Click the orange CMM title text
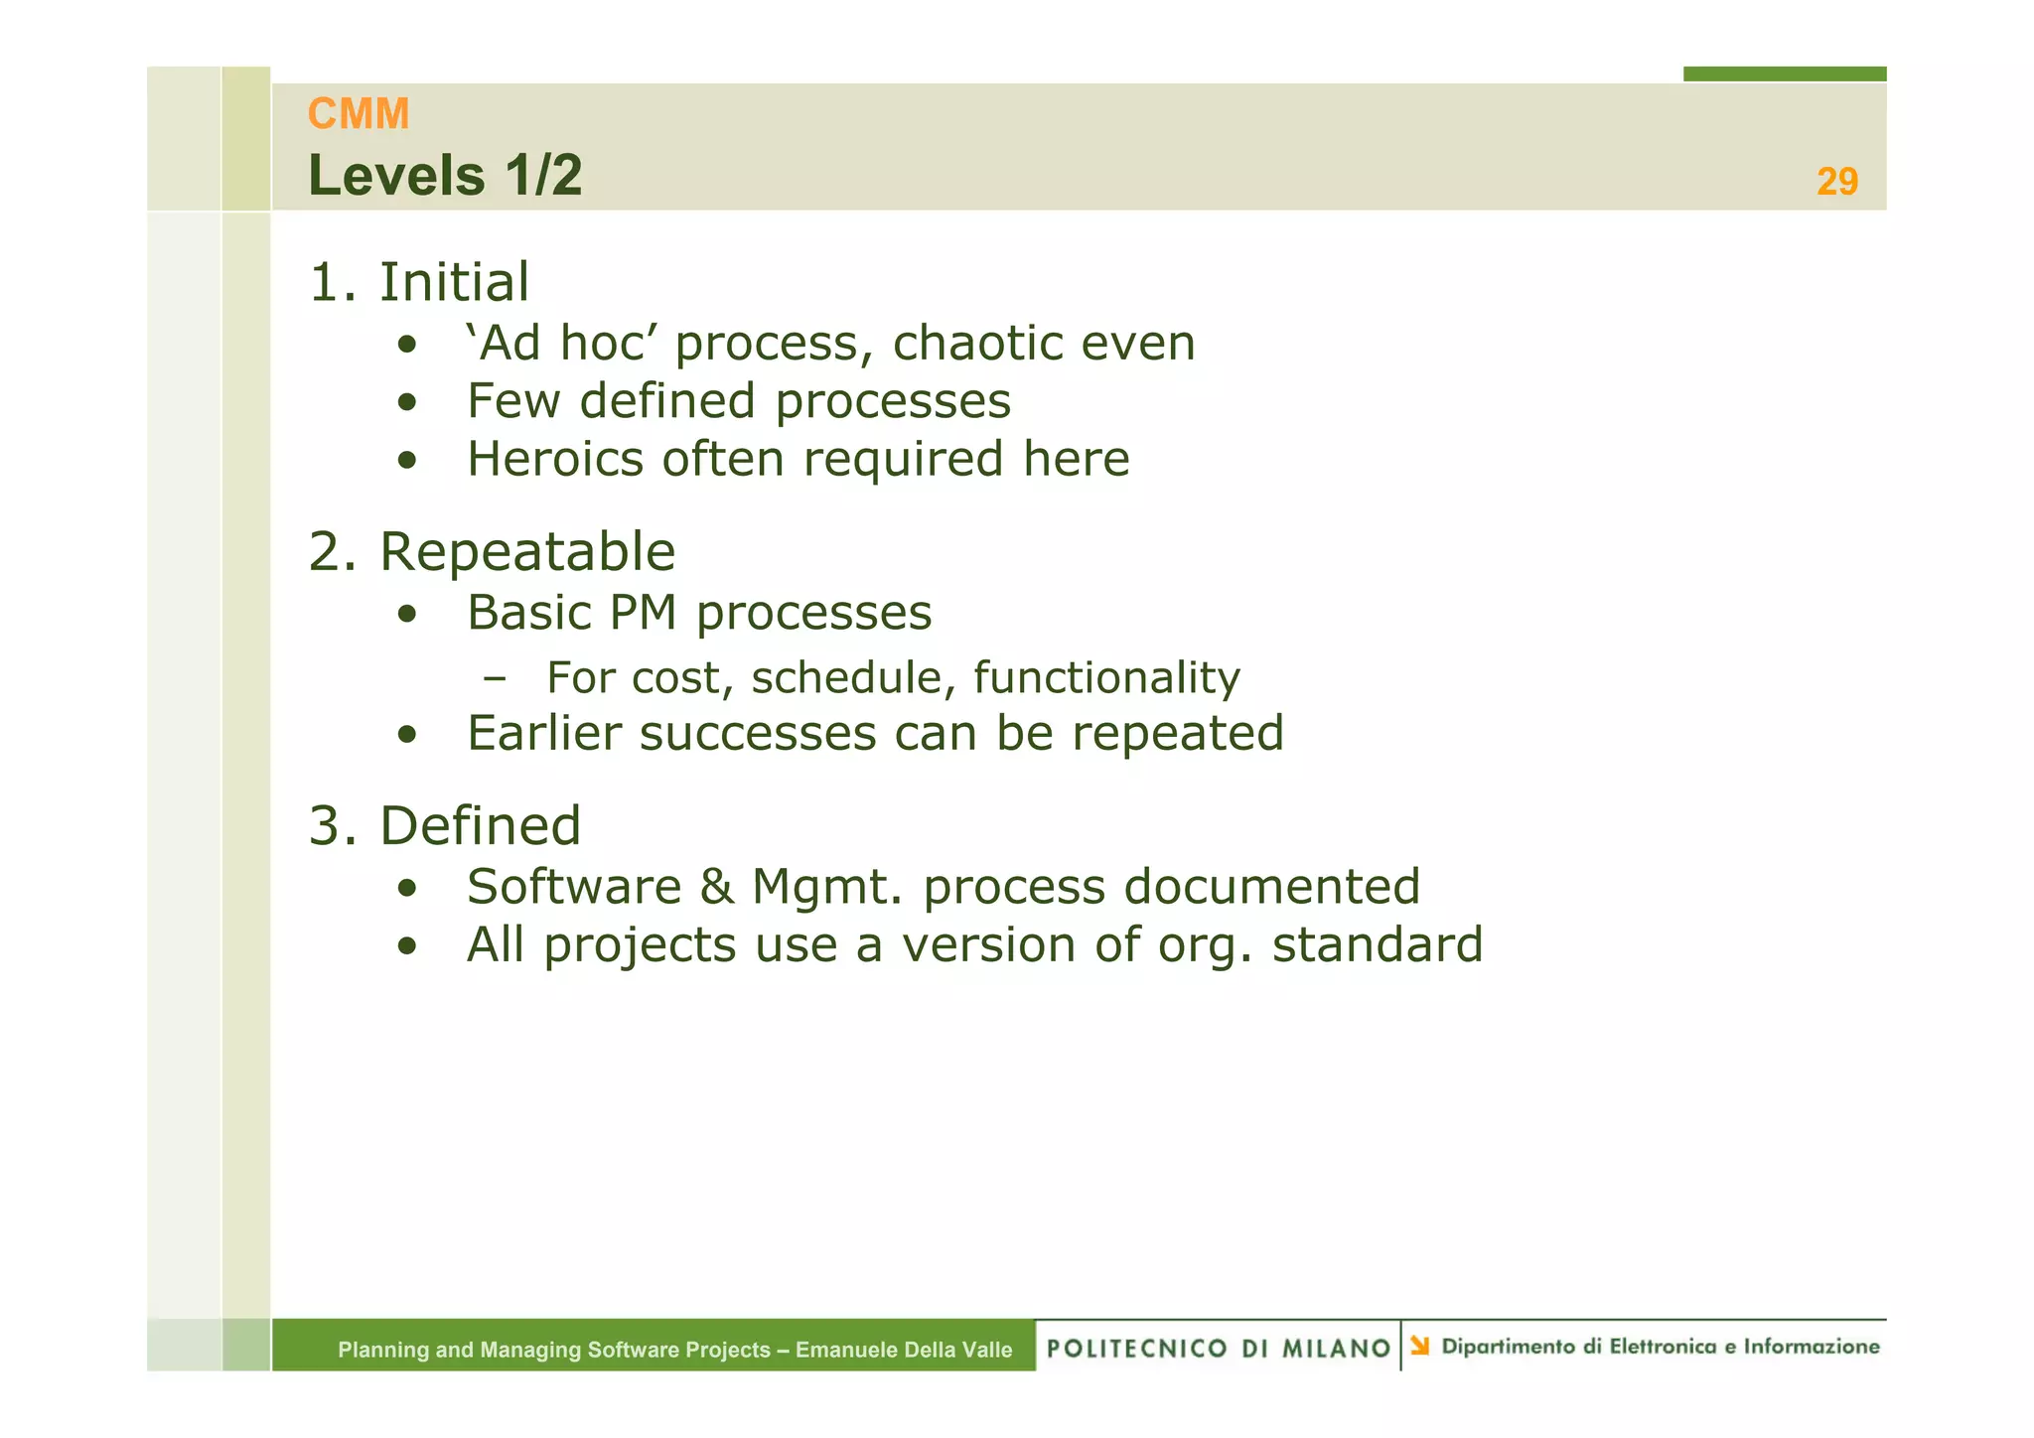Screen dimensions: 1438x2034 tap(358, 114)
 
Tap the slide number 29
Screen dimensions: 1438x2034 tap(1836, 182)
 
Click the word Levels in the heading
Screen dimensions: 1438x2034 tap(396, 176)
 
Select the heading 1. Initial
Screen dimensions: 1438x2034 tap(419, 282)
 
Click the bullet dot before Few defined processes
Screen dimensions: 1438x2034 tap(406, 403)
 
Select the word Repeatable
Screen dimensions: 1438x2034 tap(526, 552)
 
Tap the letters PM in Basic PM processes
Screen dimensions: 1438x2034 tap(642, 613)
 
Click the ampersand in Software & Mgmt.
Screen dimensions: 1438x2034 tap(716, 887)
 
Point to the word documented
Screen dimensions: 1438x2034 tap(1270, 887)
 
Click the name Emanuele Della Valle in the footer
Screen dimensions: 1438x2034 tap(903, 1350)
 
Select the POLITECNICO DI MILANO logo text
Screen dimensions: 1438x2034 tap(1218, 1348)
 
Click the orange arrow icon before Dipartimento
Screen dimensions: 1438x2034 tap(1419, 1346)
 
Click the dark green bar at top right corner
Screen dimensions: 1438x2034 tap(1784, 73)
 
